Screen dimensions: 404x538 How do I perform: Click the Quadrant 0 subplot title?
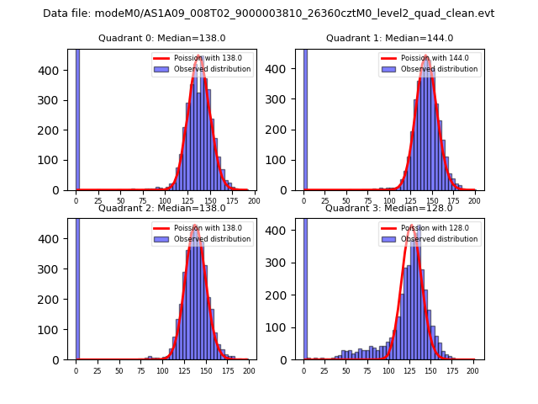click(x=161, y=39)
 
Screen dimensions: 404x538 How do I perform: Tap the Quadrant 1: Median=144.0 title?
click(x=389, y=39)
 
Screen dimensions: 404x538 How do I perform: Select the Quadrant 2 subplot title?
click(x=161, y=208)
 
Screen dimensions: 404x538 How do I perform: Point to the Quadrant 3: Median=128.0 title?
click(x=389, y=208)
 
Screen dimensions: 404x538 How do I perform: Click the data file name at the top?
click(x=268, y=13)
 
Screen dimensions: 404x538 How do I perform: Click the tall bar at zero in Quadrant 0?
click(x=77, y=118)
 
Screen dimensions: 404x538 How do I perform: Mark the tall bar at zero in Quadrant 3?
click(x=305, y=286)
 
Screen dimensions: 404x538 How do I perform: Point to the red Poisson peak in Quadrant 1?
click(x=426, y=56)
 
